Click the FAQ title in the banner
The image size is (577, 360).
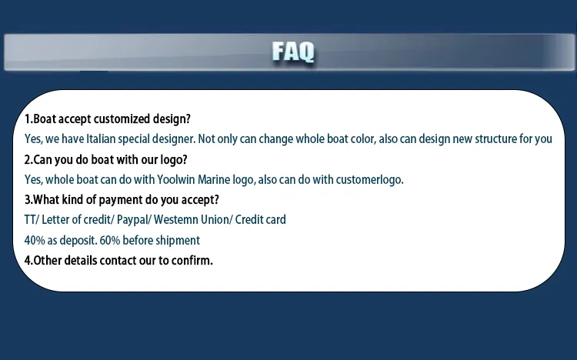click(x=293, y=52)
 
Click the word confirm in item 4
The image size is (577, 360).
click(x=192, y=260)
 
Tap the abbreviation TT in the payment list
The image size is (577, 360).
click(x=31, y=219)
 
